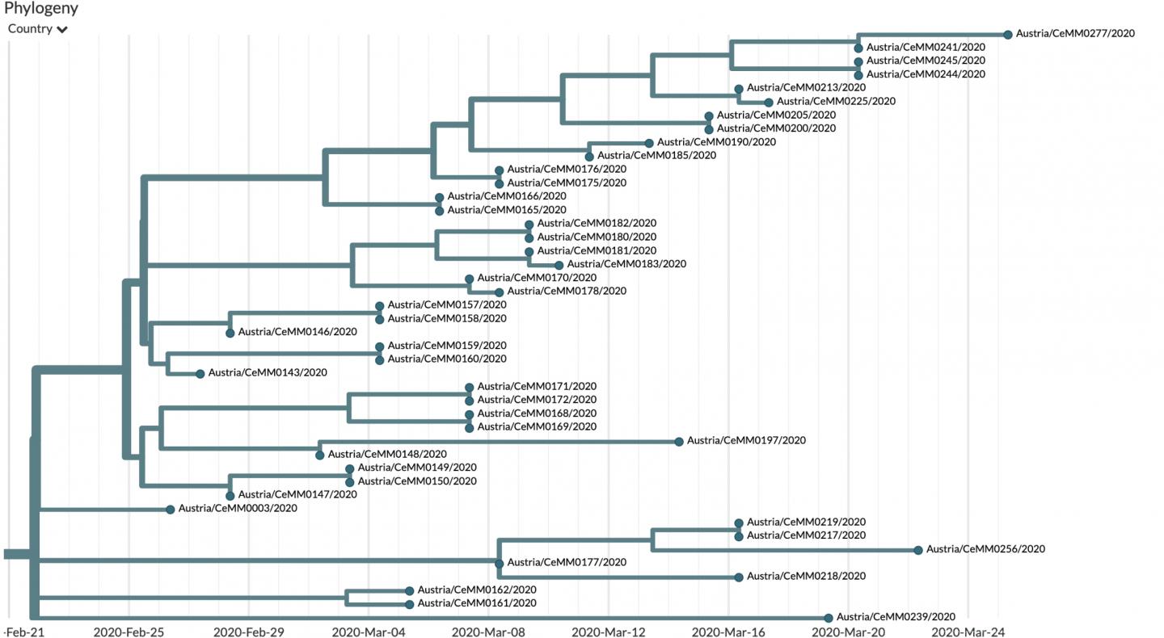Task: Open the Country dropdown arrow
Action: point(62,30)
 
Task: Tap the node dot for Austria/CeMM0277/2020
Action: point(1008,34)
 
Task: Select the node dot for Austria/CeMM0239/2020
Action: point(829,618)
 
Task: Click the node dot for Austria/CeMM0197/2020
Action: point(679,441)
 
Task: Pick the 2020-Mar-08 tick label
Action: point(491,632)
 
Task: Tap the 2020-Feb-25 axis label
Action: point(129,632)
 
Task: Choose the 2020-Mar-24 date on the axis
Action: point(968,632)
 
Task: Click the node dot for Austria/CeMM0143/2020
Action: point(200,373)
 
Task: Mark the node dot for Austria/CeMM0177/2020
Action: point(499,563)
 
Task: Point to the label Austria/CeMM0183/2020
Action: point(626,264)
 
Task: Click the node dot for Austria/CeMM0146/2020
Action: point(230,333)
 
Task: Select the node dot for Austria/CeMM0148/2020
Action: point(320,455)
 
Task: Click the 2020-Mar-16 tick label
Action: point(730,632)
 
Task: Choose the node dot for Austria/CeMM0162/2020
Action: point(410,591)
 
